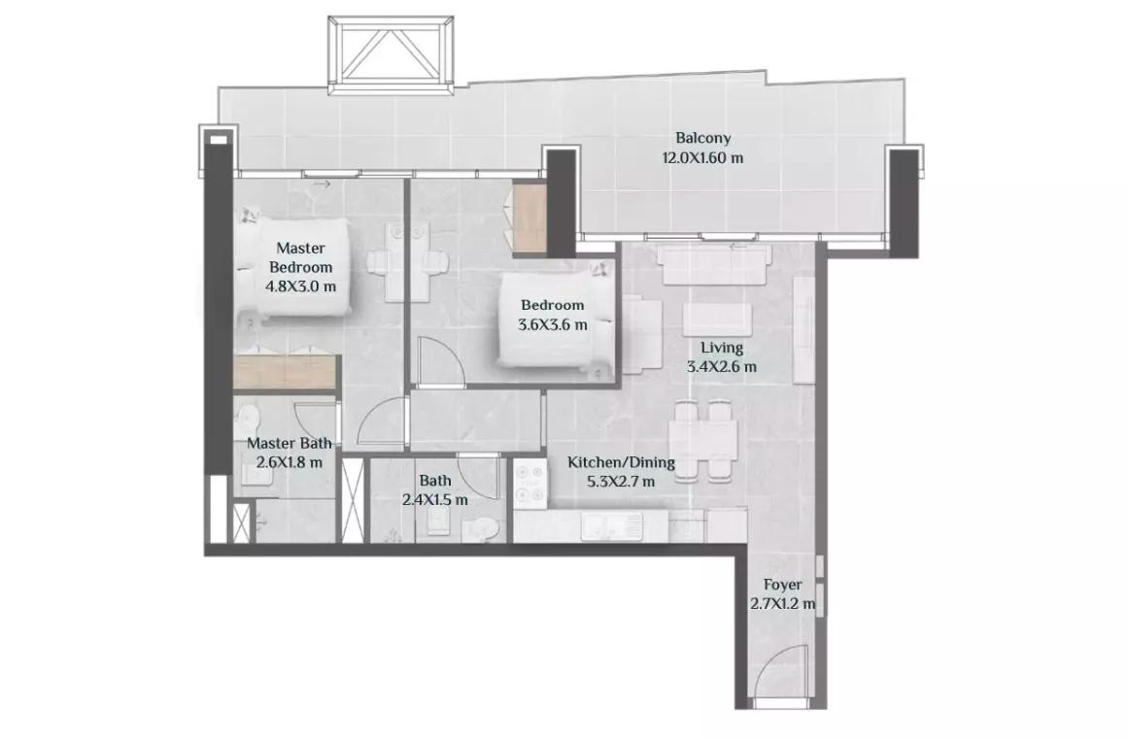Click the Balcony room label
coord(702,138)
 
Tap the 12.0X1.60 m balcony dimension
coord(702,157)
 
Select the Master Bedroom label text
coord(301,257)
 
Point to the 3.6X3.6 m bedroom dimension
coord(552,324)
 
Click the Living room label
coord(722,348)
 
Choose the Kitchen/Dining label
coord(622,462)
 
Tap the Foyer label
coord(783,586)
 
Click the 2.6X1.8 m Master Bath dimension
coord(285,462)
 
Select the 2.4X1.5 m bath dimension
coord(435,499)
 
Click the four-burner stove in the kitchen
coord(530,484)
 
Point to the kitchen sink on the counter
coord(612,525)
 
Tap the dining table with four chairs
coord(702,442)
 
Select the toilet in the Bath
coord(479,528)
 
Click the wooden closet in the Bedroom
coord(530,219)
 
